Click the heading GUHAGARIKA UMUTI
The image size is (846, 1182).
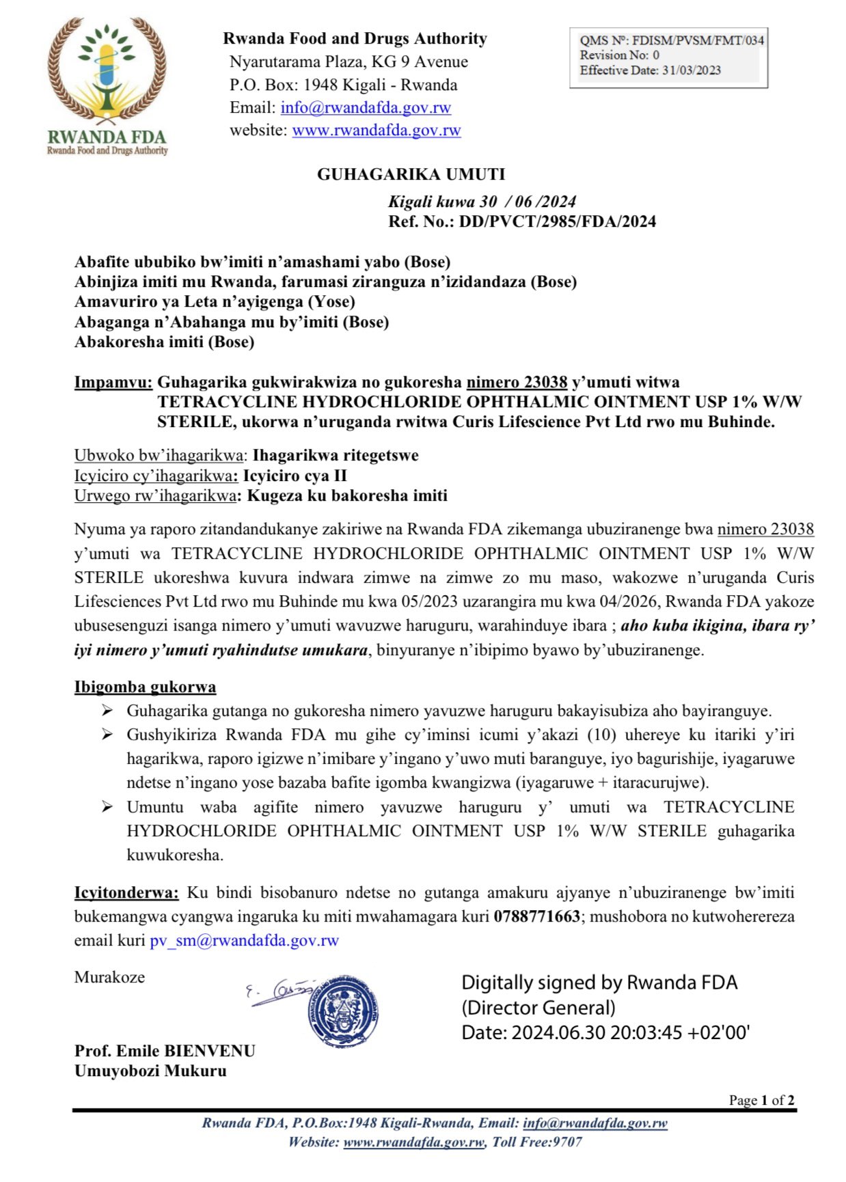[x=411, y=174]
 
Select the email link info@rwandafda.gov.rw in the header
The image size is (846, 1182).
[x=366, y=107]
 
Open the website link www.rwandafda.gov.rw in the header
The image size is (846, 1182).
[x=377, y=130]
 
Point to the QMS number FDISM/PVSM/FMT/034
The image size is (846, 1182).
[x=698, y=40]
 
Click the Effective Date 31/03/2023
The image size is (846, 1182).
[x=691, y=70]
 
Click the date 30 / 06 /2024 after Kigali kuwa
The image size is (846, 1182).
[x=528, y=202]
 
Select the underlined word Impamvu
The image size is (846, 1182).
[x=113, y=382]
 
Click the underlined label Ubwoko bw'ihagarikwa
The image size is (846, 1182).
[x=159, y=455]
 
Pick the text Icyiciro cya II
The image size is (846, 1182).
[x=295, y=476]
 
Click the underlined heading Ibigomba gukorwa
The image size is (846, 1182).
[x=145, y=687]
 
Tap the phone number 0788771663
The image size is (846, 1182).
[x=536, y=916]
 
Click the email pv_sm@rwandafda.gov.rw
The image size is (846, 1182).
[x=244, y=941]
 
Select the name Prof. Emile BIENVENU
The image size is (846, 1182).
[x=165, y=1051]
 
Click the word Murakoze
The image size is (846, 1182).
[x=109, y=977]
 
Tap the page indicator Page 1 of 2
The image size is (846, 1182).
[x=761, y=1100]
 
